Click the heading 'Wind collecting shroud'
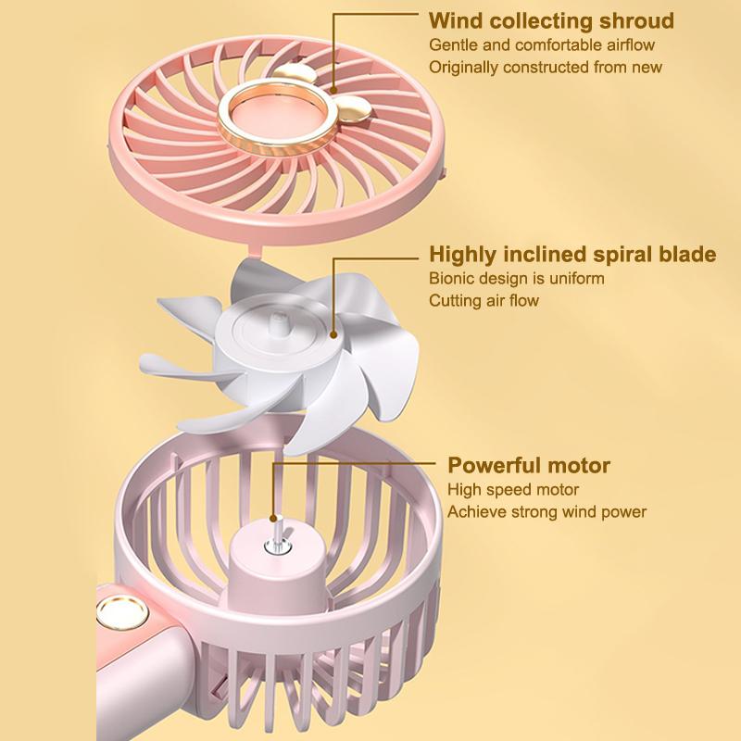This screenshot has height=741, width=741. pos(551,21)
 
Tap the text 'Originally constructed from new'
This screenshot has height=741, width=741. pos(546,67)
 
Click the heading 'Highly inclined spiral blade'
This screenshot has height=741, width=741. pos(572,255)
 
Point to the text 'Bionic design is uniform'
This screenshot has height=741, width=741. pos(516,278)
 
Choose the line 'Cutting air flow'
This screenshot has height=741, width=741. pos(484,300)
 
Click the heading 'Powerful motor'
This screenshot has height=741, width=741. pos(529,465)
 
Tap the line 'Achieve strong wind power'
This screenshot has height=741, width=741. pos(546,511)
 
